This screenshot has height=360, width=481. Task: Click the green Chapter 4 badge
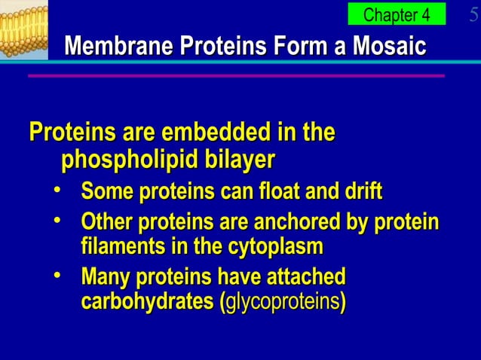coord(397,14)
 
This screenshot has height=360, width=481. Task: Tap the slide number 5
coord(473,15)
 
